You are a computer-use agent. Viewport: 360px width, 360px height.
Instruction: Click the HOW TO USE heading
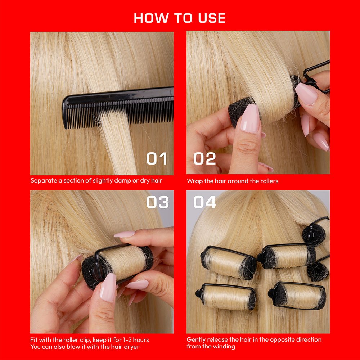pyautogui.click(x=180, y=18)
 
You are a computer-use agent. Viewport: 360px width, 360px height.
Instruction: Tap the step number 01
pyautogui.click(x=157, y=159)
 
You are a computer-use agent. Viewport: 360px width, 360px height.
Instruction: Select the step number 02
pyautogui.click(x=204, y=159)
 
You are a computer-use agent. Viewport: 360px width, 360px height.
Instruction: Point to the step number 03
pyautogui.click(x=157, y=202)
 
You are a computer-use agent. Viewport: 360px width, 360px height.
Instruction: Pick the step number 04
pyautogui.click(x=204, y=202)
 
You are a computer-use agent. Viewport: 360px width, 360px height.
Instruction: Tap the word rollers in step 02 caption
pyautogui.click(x=269, y=181)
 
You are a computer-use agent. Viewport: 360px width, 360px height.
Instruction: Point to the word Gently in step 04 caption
pyautogui.click(x=197, y=339)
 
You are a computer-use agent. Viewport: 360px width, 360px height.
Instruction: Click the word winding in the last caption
pyautogui.click(x=224, y=346)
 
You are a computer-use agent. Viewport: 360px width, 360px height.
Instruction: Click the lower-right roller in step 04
pyautogui.click(x=299, y=295)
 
